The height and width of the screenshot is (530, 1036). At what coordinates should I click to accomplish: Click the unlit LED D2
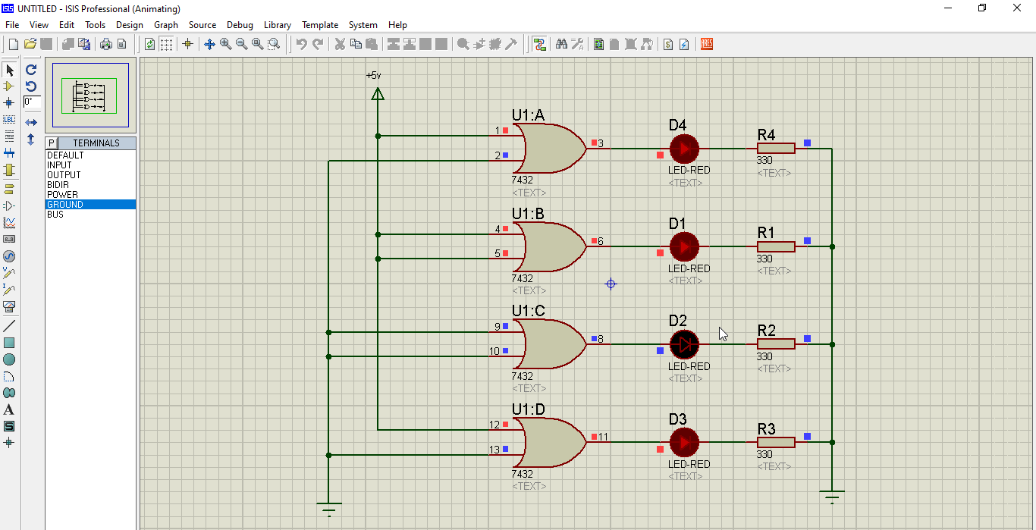coord(684,345)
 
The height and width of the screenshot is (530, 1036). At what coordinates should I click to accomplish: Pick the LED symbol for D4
coord(684,149)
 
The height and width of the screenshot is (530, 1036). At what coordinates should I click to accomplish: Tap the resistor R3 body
coord(776,442)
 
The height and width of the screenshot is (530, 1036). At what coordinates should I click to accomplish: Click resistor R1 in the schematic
coord(776,246)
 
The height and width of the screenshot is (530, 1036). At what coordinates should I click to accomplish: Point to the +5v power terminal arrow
coord(377,93)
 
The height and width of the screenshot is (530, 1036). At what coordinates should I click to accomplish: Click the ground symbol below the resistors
coord(832,497)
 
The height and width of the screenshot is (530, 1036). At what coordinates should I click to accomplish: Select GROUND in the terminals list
coord(65,205)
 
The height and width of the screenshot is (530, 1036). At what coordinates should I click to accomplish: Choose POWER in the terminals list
coord(62,195)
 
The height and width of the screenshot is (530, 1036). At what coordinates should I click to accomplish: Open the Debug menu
coord(240,25)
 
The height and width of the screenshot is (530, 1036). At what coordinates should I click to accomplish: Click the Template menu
coord(320,25)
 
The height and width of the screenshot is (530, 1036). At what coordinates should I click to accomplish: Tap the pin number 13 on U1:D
coord(494,450)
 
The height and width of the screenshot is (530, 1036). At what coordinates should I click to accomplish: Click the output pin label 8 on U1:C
coord(601,339)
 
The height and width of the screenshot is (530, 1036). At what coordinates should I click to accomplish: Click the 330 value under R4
coord(764,161)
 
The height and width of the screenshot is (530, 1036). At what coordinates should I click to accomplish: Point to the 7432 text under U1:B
coord(523,278)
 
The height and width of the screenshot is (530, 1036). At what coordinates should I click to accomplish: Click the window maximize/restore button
coord(982,8)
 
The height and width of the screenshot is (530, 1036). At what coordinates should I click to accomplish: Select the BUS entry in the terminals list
coord(55,215)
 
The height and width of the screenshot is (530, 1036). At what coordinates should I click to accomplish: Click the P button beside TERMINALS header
coord(52,143)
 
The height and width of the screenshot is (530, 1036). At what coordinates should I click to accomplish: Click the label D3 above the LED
coord(677,419)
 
